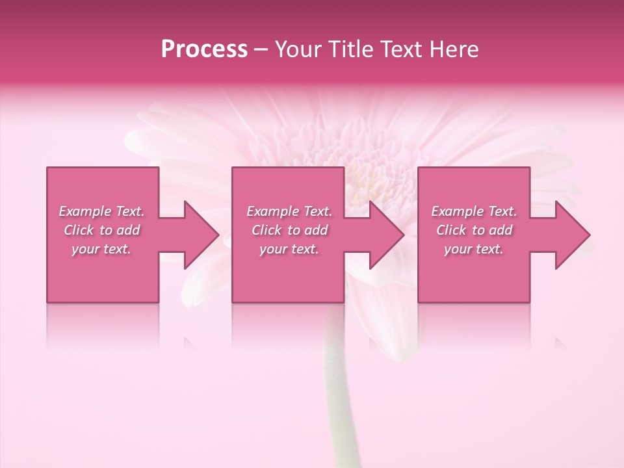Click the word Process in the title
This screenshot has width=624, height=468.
click(204, 49)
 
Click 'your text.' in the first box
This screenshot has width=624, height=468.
click(101, 249)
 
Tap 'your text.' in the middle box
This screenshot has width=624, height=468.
click(289, 249)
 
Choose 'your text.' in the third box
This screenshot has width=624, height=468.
click(474, 249)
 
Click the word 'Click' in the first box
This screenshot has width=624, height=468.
click(78, 230)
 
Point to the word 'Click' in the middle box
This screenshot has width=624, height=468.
click(266, 230)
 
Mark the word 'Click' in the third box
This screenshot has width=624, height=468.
click(451, 230)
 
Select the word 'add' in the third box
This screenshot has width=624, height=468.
click(500, 230)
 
